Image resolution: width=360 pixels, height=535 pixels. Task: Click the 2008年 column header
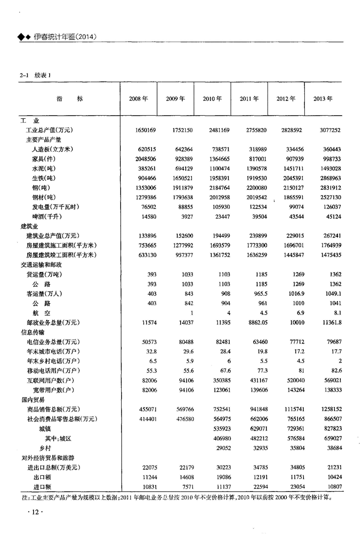pos(138,99)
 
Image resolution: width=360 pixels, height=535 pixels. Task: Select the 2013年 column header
pos(323,99)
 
